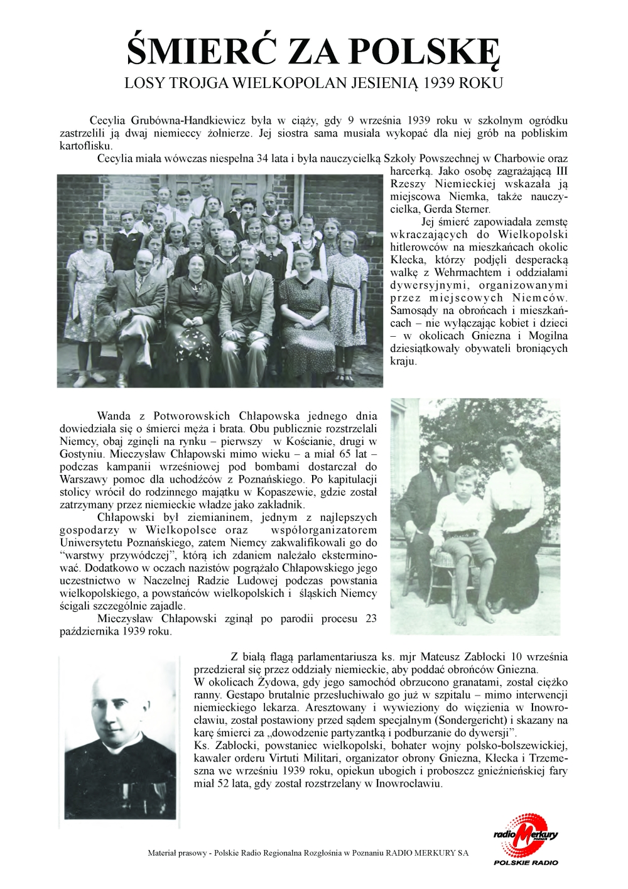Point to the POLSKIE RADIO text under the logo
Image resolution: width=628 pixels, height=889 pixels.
[x=526, y=862]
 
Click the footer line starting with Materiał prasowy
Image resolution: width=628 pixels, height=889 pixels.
[x=308, y=853]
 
